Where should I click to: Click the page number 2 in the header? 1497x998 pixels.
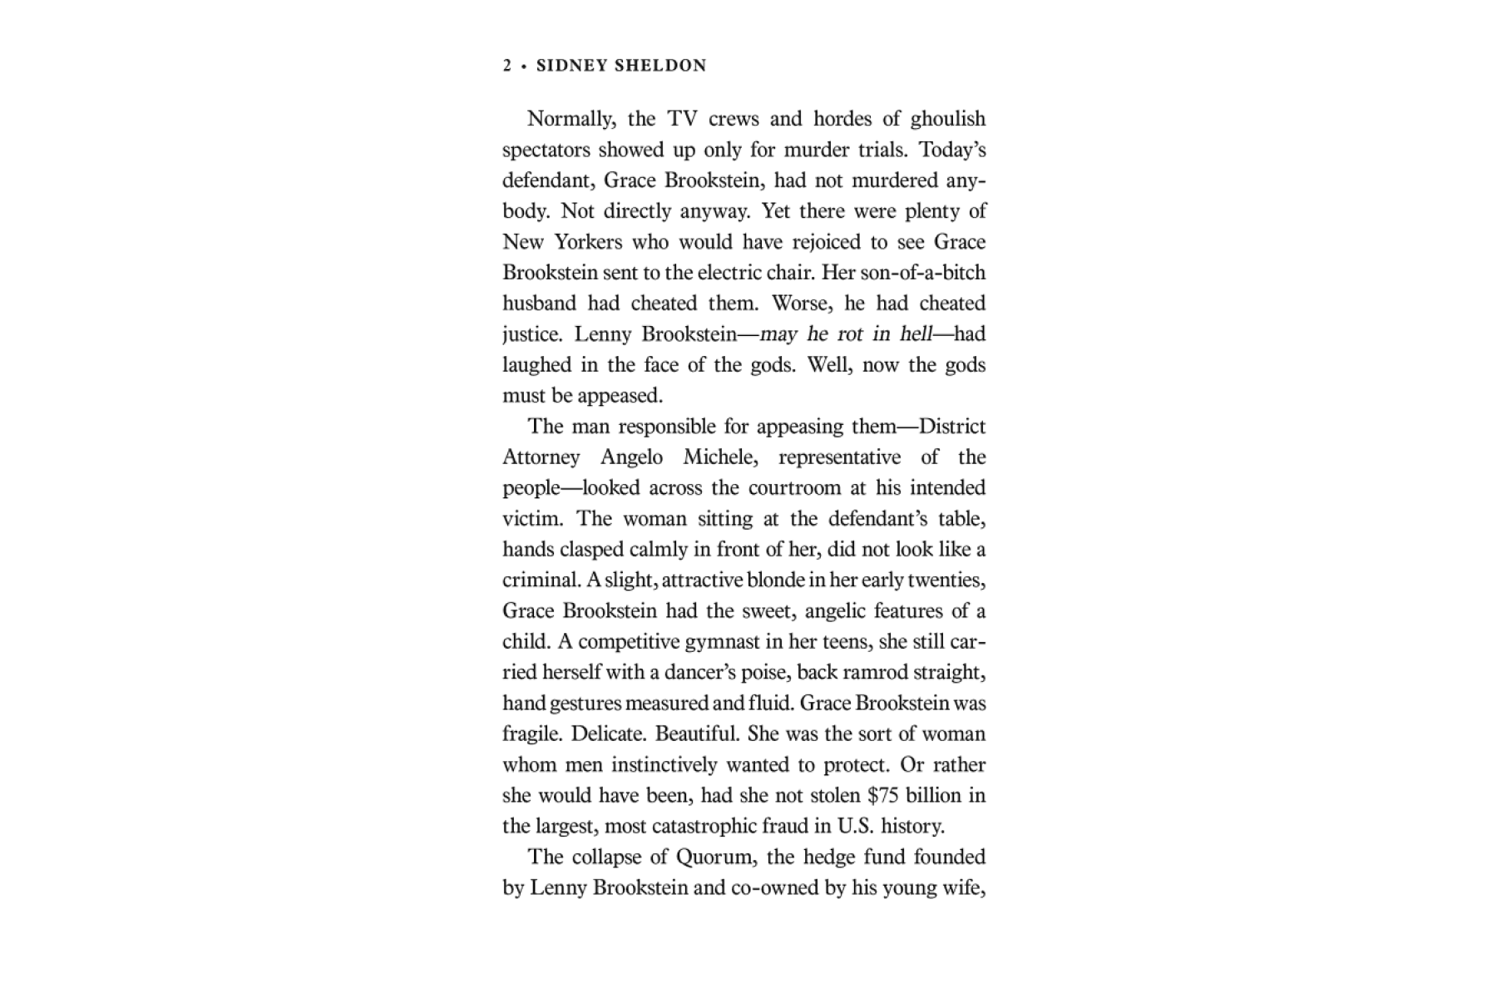tap(507, 66)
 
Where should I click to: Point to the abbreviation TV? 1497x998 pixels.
tap(682, 119)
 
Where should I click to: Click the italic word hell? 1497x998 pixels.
tap(916, 334)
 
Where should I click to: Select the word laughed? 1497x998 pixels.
tap(537, 365)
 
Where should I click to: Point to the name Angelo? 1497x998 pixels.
tap(632, 457)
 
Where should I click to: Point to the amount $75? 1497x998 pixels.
tap(882, 796)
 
